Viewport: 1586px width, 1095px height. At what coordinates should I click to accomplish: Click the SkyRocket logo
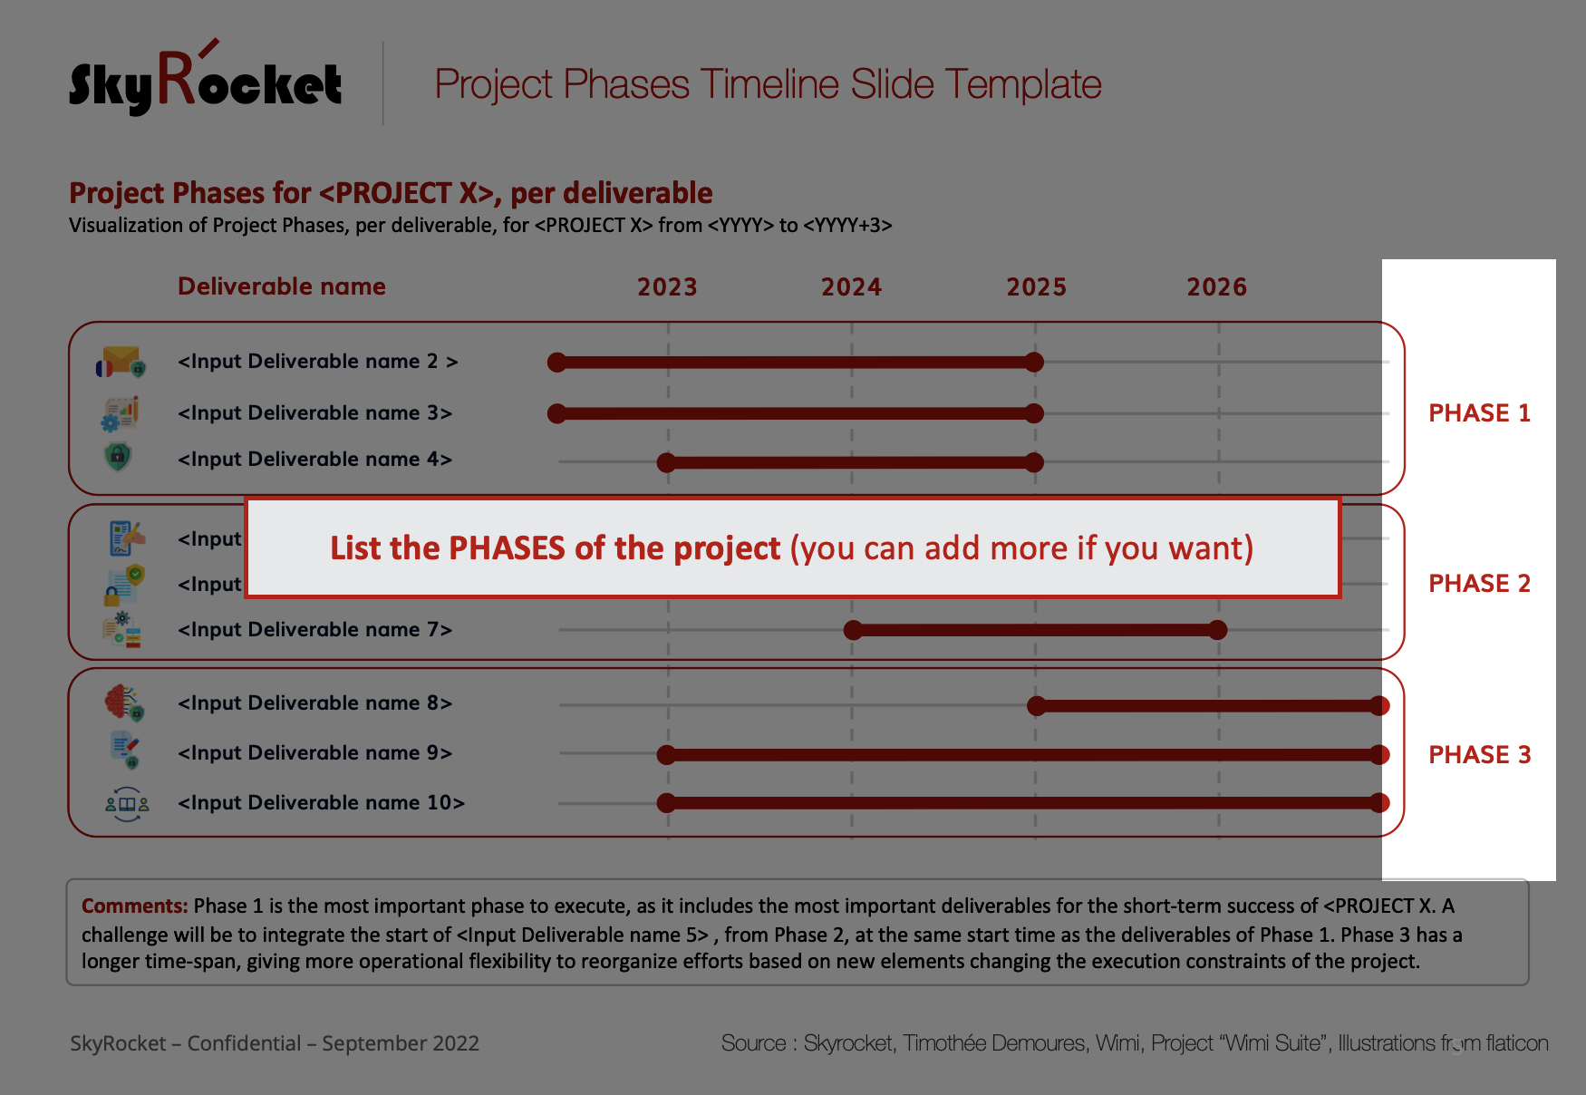[206, 79]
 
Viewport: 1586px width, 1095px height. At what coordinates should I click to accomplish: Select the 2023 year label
[667, 287]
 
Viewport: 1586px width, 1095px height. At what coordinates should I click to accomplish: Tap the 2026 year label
[1217, 287]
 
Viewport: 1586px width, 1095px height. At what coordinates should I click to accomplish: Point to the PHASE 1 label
[1479, 413]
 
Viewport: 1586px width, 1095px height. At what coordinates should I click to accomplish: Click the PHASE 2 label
[1479, 584]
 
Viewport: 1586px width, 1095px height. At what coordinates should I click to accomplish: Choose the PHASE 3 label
[1479, 755]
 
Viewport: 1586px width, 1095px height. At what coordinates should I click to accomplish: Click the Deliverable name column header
[282, 286]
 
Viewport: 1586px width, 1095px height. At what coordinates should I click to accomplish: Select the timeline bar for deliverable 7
[1035, 630]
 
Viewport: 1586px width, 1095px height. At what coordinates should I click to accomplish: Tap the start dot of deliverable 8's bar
[1037, 706]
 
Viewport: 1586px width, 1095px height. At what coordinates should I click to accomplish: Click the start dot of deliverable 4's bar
[667, 462]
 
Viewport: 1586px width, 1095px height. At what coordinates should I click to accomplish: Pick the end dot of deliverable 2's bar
[1034, 363]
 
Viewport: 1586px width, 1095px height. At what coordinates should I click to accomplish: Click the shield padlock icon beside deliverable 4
[118, 456]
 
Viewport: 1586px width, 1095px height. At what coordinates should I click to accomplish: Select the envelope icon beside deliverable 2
[121, 361]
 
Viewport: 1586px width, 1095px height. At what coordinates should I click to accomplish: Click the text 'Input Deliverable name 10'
[321, 803]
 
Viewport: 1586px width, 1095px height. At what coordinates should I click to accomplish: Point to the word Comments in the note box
[135, 906]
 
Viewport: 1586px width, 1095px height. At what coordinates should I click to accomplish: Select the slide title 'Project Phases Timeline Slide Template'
[768, 84]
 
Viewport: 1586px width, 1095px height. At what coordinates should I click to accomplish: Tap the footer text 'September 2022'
[401, 1043]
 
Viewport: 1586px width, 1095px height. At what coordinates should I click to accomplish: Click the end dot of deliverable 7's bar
[1218, 630]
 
